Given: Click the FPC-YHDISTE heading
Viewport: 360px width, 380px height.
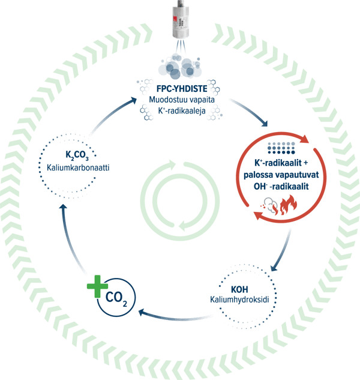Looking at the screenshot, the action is click(182, 89).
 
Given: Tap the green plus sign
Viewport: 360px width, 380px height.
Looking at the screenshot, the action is click(97, 286).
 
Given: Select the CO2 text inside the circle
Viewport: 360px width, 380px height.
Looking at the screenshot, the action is click(116, 298).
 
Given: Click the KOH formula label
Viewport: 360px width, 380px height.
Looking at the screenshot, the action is click(239, 289).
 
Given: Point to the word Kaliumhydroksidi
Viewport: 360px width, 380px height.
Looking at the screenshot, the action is click(239, 300).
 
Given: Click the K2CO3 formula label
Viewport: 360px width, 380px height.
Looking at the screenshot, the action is click(77, 155).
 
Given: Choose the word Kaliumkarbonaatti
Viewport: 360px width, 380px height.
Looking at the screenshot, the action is click(78, 167).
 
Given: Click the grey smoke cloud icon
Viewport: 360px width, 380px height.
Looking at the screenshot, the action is click(269, 206).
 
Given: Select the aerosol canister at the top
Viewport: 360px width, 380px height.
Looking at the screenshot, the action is click(181, 19).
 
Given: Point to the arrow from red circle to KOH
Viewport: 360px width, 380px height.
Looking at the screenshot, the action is click(283, 251).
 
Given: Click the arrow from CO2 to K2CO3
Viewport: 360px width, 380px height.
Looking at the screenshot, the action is click(71, 240).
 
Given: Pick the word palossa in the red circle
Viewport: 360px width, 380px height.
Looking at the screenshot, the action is click(259, 175).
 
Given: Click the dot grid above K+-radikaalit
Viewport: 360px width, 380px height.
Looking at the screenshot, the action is click(281, 148).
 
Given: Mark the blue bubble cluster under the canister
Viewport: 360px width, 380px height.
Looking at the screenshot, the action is click(180, 66).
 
